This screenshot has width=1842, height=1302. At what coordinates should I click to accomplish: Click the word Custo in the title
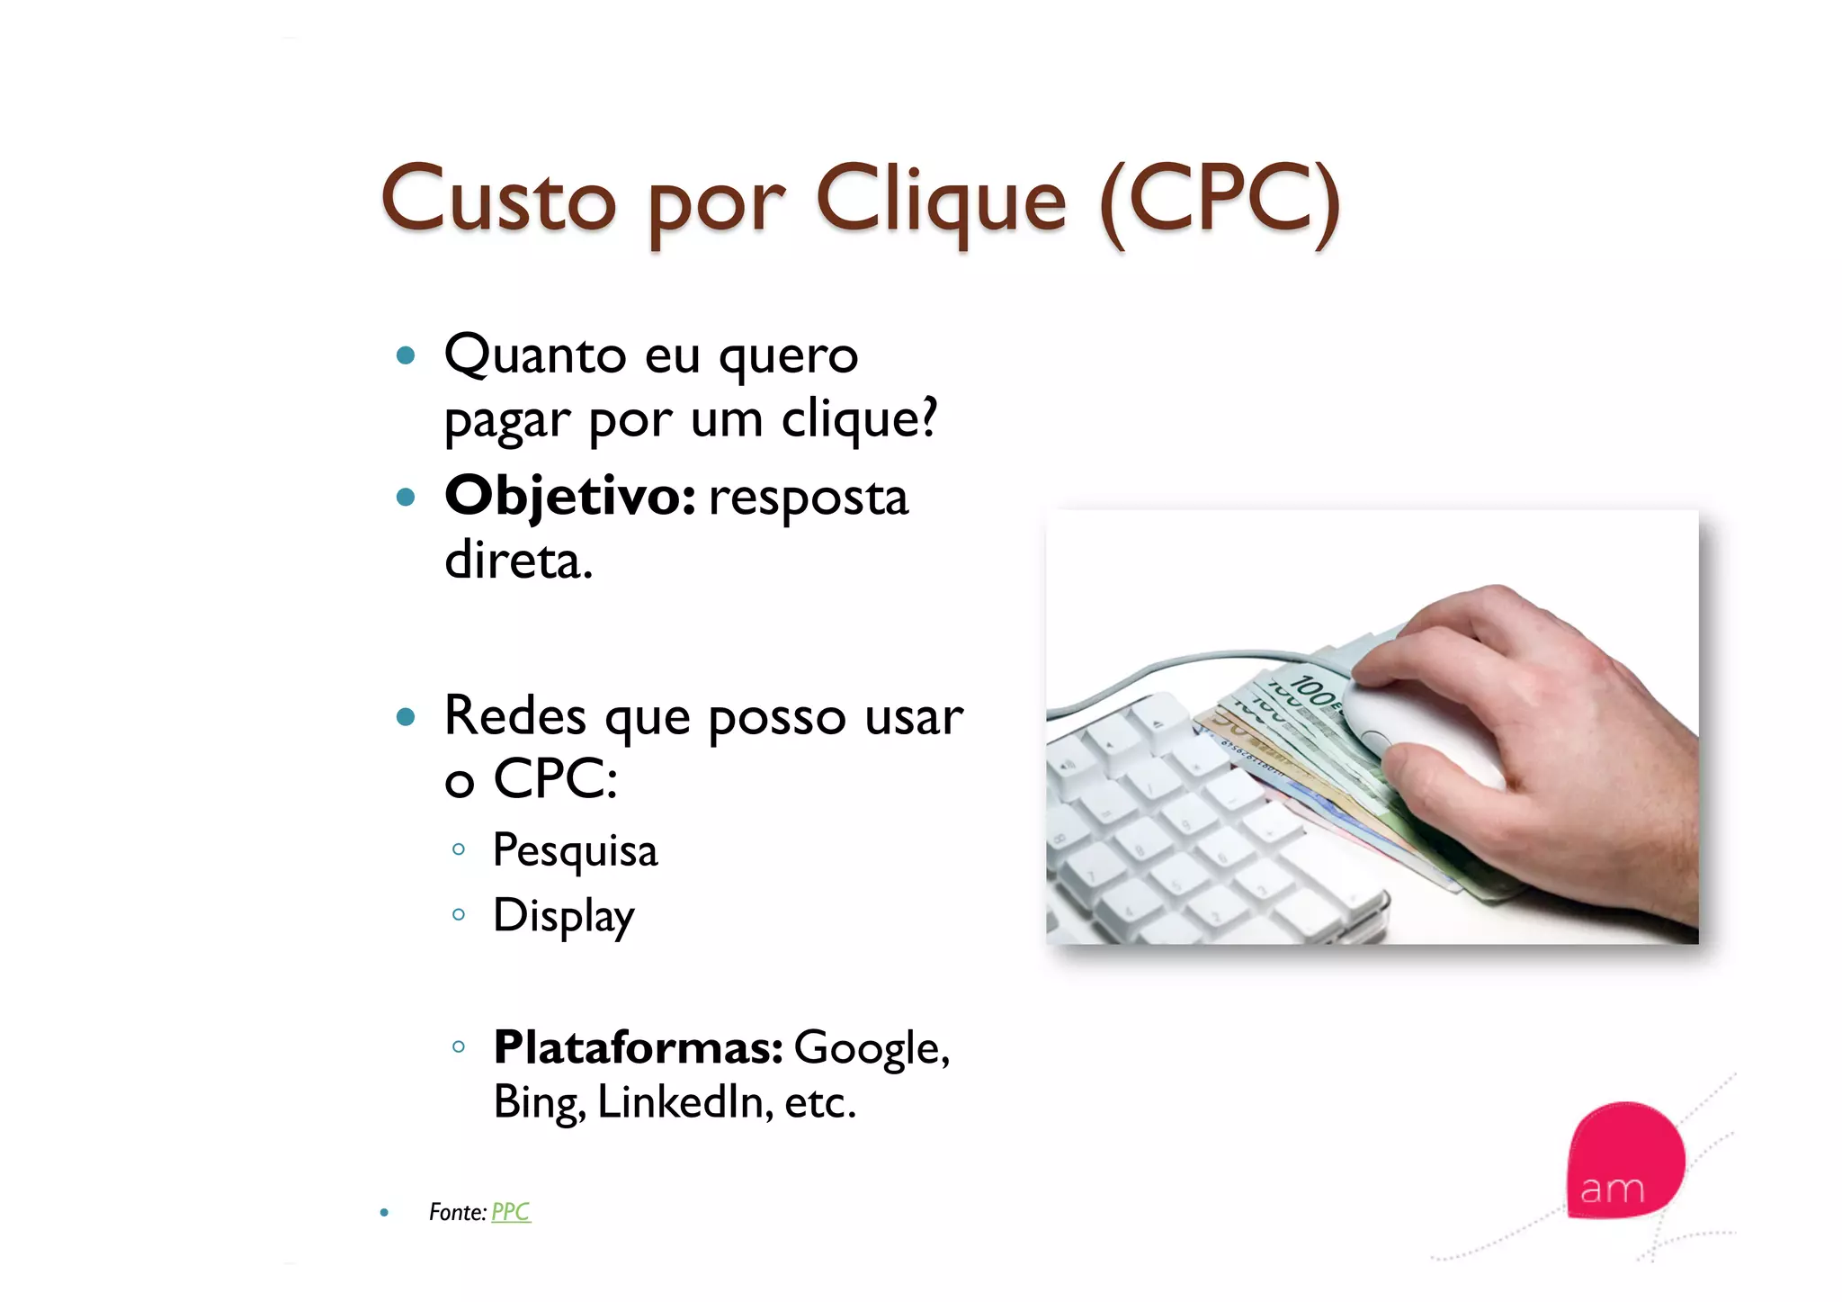tap(498, 200)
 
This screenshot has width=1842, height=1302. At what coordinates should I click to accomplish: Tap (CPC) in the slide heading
tap(1221, 202)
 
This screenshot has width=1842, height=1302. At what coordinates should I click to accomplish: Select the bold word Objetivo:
tap(570, 497)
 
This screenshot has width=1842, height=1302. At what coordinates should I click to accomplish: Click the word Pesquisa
tap(576, 851)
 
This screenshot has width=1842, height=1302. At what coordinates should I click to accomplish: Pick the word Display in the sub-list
tap(564, 917)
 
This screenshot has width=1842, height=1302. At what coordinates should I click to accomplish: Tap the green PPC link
tap(511, 1212)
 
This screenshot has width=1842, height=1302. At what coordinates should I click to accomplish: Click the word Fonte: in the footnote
tap(458, 1212)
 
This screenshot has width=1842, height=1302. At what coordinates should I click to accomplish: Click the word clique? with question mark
tap(859, 419)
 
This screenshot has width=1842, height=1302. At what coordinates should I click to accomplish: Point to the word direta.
tap(519, 561)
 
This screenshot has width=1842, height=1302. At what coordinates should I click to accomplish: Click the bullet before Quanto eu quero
tap(406, 355)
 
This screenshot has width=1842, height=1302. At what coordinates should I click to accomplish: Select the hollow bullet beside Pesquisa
tap(459, 849)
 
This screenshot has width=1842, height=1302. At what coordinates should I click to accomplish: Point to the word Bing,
tap(539, 1102)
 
